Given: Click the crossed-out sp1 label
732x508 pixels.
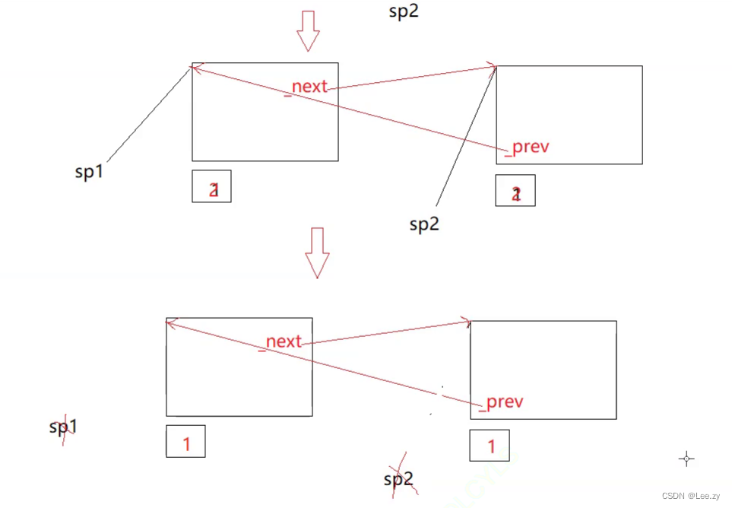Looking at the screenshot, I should (x=64, y=427).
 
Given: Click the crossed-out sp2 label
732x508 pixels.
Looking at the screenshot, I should (x=398, y=478).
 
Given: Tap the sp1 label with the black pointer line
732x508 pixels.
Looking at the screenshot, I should (x=89, y=173).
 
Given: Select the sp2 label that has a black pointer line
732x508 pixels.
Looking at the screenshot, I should (x=424, y=224).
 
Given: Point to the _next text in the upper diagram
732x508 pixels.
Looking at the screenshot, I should (x=309, y=86).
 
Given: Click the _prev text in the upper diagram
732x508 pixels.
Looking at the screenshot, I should (x=527, y=148).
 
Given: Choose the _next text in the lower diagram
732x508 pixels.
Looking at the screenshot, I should (x=284, y=341).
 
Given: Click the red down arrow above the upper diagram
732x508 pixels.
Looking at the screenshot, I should (x=308, y=30).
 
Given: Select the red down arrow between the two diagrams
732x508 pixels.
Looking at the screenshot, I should (x=317, y=252).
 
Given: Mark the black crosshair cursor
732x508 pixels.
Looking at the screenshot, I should (x=686, y=459).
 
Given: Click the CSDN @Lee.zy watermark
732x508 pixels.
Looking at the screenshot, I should (x=690, y=496).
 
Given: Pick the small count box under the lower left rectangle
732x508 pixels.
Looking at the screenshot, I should (x=185, y=441).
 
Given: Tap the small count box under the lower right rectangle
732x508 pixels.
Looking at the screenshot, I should (x=490, y=446).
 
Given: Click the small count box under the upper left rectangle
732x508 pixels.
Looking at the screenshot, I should (x=211, y=186).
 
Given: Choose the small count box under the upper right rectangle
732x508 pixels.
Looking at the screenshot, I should (x=515, y=190).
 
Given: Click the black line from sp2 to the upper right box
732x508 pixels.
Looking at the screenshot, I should (x=466, y=137).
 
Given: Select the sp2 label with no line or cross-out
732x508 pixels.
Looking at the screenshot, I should (x=404, y=11).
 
